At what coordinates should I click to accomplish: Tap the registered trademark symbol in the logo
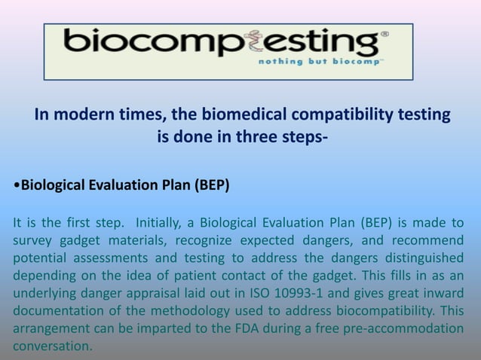[x=384, y=35]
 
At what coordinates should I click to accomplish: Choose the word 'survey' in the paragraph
[x=33, y=240]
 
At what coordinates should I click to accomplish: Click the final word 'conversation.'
[x=52, y=346]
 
